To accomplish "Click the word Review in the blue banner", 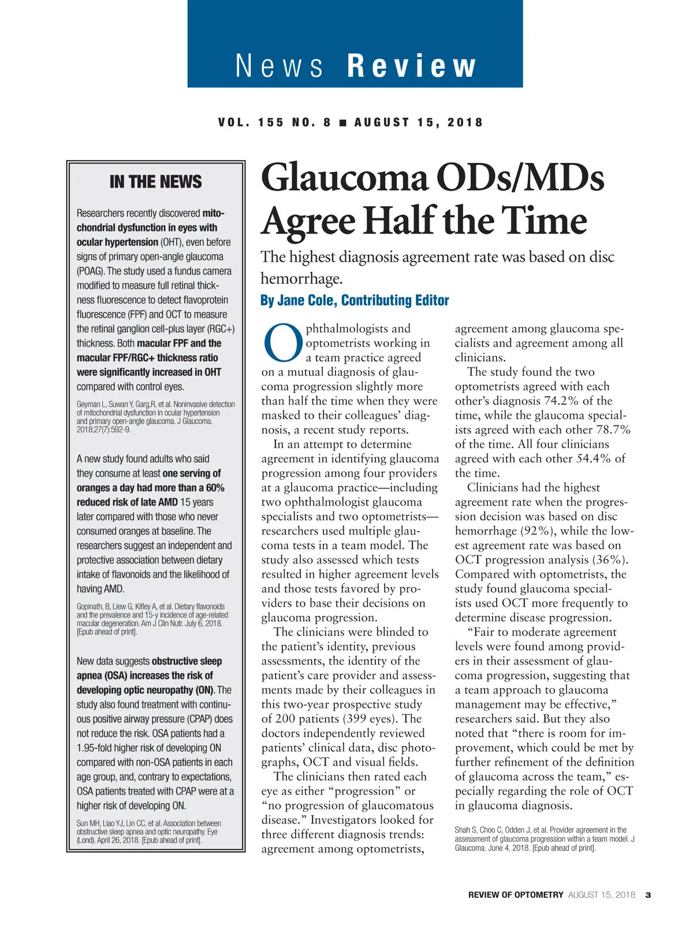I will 412,65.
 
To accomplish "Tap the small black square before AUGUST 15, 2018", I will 343,122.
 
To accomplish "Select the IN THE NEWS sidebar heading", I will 155,182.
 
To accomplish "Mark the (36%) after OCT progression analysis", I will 610,560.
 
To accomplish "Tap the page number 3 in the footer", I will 648,895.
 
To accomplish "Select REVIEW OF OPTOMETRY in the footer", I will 515,895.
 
